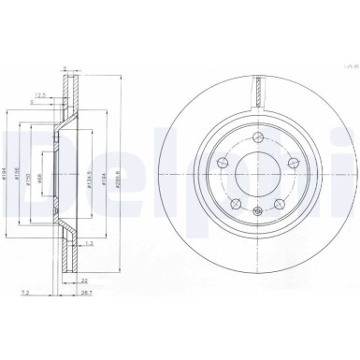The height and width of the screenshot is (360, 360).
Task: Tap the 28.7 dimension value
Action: pyautogui.click(x=86, y=293)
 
